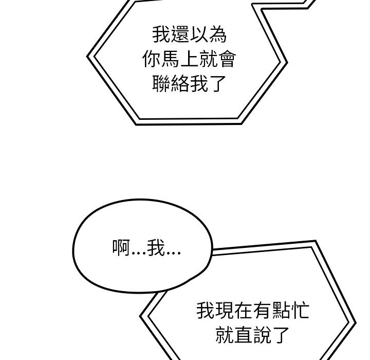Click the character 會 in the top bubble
227,61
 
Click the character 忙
300,311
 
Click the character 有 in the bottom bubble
262,311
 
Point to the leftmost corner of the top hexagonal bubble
88,55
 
